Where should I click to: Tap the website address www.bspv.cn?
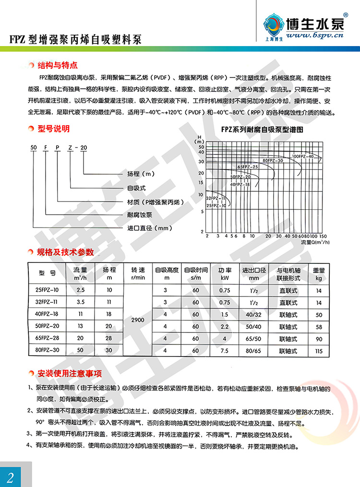(312, 36)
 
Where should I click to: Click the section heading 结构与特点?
(57, 65)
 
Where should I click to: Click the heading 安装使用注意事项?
(70, 373)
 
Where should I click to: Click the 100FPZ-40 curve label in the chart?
(302, 156)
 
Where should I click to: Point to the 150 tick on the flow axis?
(323, 237)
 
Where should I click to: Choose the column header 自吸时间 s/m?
(196, 273)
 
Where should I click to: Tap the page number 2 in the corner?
(11, 476)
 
